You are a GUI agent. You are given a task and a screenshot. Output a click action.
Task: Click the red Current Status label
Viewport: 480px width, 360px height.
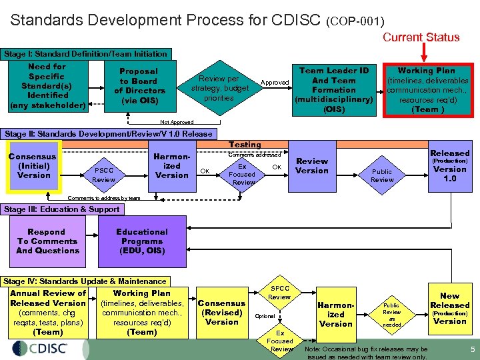421,37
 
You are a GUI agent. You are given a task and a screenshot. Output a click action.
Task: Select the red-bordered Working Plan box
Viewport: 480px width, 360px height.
426,90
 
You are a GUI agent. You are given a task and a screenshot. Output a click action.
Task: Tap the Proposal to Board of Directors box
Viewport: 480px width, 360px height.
139,86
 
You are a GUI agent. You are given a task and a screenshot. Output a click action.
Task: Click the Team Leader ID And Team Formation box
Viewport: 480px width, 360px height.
333,89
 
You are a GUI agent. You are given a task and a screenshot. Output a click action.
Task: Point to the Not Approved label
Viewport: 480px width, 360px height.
177,122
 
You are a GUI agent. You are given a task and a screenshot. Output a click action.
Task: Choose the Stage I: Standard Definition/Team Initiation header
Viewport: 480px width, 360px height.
85,53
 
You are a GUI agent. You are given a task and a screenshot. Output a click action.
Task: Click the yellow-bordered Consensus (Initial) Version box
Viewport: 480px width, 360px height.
33,165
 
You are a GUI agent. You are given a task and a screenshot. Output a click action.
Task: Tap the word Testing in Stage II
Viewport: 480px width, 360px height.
245,145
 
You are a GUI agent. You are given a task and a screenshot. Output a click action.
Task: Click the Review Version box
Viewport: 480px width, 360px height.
312,166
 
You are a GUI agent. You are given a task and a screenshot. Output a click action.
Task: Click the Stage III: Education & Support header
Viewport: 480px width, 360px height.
62,209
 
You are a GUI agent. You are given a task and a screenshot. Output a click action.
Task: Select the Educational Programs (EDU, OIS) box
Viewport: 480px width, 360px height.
142,241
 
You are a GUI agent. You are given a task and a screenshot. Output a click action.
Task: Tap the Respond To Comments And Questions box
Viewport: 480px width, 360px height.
47,241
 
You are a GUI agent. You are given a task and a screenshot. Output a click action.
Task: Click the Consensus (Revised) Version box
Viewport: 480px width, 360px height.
222,313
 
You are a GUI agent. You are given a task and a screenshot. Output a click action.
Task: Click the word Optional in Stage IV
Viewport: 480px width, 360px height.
264,316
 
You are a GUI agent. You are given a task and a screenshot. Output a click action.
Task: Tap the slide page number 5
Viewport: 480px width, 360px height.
472,349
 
